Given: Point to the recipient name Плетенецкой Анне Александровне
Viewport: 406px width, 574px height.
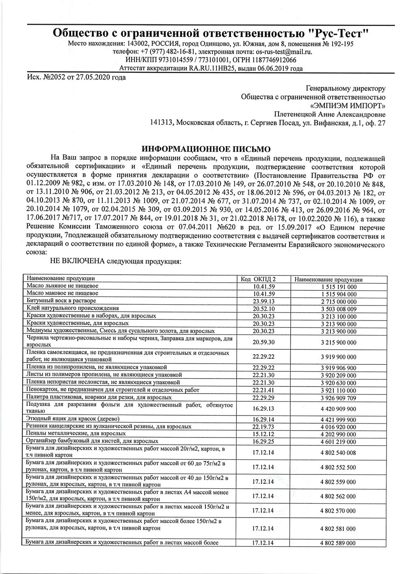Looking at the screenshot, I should tap(330, 114).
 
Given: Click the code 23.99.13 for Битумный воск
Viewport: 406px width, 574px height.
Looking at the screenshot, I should tap(263, 301).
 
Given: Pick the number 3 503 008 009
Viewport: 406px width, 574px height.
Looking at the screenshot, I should tap(338, 309).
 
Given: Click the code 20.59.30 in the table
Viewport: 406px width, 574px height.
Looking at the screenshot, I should tap(263, 342).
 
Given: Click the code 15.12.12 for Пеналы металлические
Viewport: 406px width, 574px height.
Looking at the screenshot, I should tap(263, 434).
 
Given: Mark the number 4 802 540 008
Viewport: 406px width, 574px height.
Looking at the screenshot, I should tap(338, 453).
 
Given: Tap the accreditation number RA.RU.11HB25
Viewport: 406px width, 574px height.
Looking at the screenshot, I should tap(212, 69).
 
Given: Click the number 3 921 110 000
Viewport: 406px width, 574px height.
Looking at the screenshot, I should tap(338, 390).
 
